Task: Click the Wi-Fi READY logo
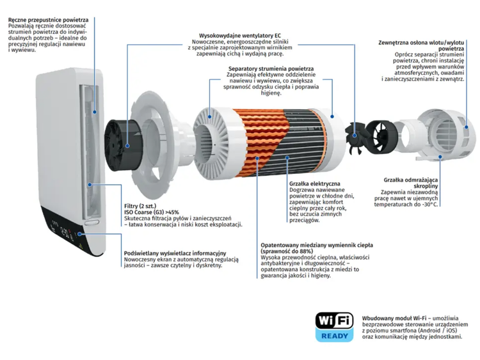click(333, 326)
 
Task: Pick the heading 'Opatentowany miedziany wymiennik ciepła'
click(316, 245)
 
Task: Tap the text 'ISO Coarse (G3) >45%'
click(152, 212)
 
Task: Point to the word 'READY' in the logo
click(333, 335)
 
